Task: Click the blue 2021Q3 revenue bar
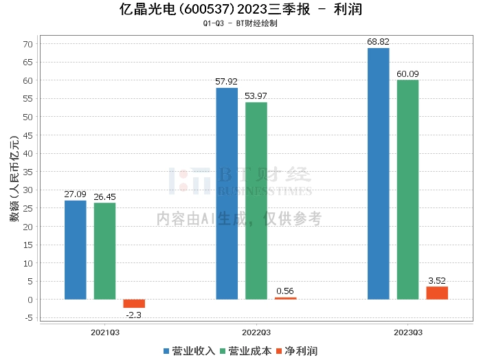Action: point(76,249)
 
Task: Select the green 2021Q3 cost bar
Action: point(104,251)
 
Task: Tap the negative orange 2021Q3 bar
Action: point(134,304)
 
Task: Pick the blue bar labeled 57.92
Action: point(227,194)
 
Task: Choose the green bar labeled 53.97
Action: point(256,201)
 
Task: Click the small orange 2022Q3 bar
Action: point(286,298)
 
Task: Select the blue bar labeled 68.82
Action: point(378,174)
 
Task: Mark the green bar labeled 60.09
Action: point(407,190)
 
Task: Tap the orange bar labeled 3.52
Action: point(437,293)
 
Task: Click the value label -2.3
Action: point(135,315)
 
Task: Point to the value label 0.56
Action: point(285,291)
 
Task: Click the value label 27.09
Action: point(76,194)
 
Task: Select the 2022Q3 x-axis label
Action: point(256,332)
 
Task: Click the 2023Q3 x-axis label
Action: point(407,332)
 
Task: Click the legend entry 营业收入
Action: point(190,351)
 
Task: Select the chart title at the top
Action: point(240,10)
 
